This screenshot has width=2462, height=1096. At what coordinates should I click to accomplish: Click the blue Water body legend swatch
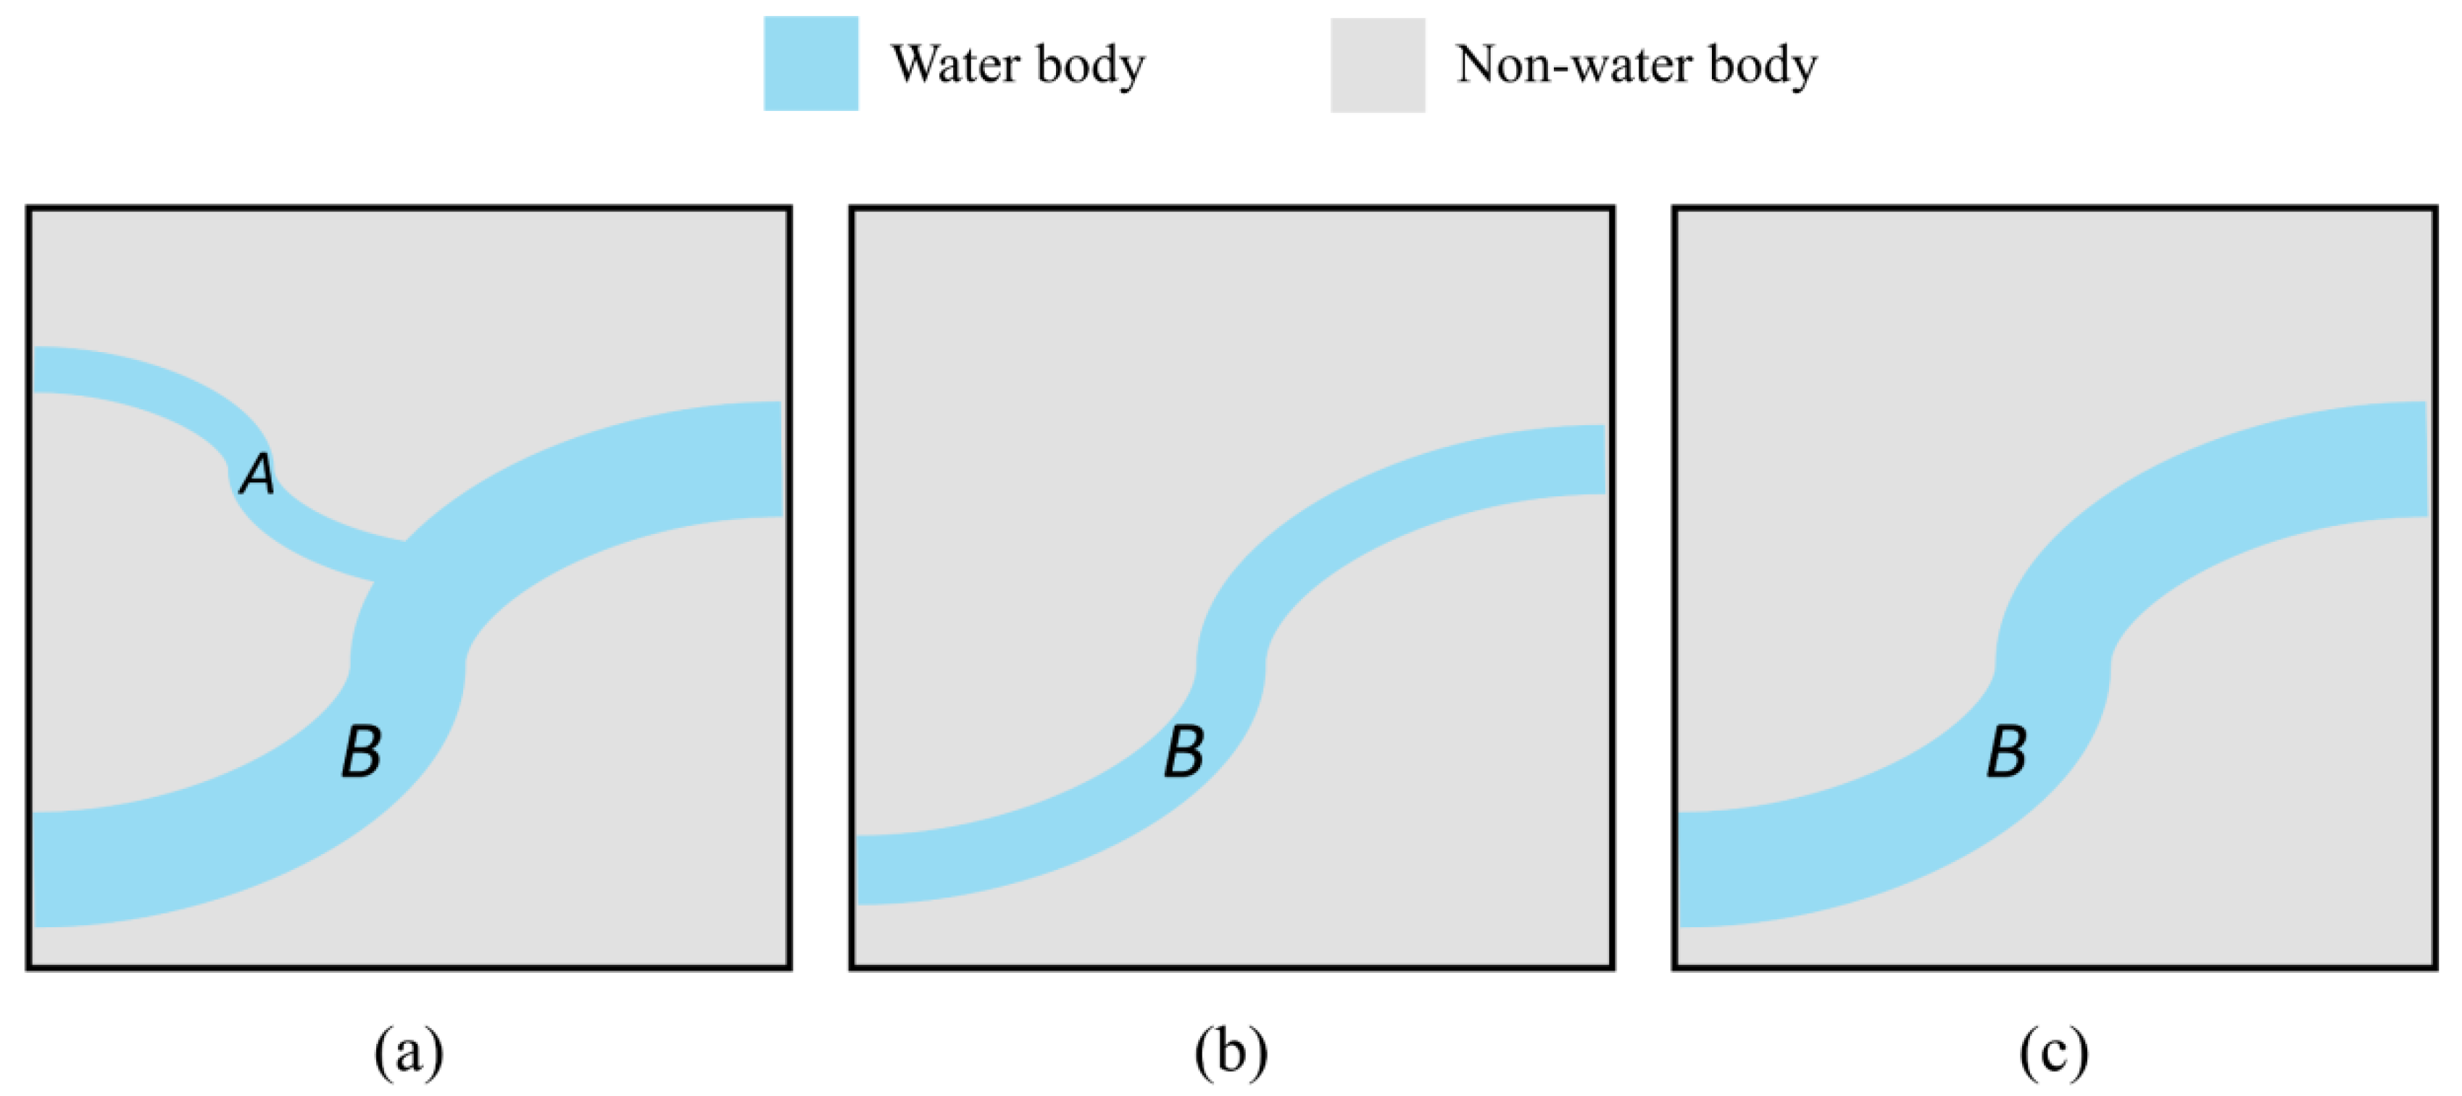pyautogui.click(x=810, y=63)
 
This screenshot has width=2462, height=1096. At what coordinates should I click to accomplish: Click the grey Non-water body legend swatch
pyautogui.click(x=1377, y=65)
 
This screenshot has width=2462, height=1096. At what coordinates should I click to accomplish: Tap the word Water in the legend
pyautogui.click(x=956, y=65)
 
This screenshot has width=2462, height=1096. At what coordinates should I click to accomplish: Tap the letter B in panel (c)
pyautogui.click(x=2007, y=752)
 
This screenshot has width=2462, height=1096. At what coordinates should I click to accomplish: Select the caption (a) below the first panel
pyautogui.click(x=409, y=1052)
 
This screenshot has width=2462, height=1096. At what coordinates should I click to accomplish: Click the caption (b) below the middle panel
pyautogui.click(x=1231, y=1052)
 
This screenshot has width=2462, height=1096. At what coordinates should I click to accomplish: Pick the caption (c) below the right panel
pyautogui.click(x=2054, y=1052)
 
